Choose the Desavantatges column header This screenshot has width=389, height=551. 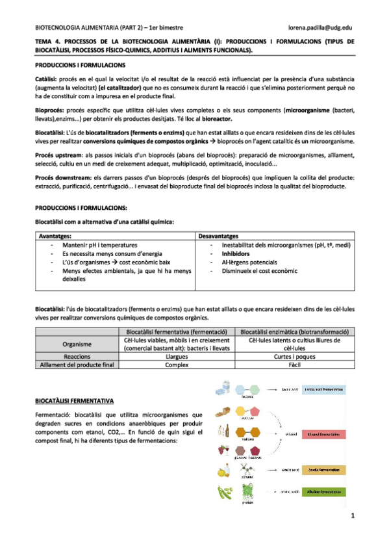(218, 236)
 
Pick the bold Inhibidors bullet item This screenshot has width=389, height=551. (238, 254)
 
